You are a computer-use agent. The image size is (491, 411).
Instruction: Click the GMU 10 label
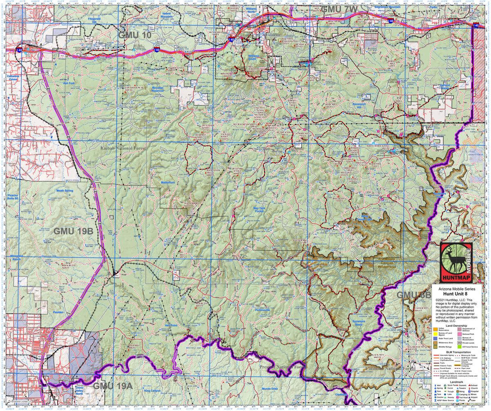(135, 36)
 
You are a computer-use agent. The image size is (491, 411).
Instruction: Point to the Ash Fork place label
(69, 83)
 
